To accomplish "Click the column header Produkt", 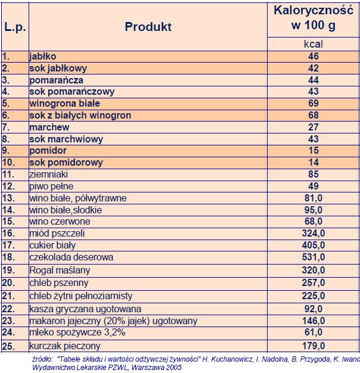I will click(x=148, y=27).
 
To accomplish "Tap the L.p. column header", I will click(x=14, y=27).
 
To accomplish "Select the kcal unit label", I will click(x=313, y=45).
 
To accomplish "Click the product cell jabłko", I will click(x=42, y=57).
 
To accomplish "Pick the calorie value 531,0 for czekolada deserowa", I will click(x=313, y=257).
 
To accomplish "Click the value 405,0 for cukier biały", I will click(x=313, y=245).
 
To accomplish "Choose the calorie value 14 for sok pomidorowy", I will click(x=313, y=163).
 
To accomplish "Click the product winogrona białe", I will click(x=62, y=104).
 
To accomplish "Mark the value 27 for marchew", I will click(x=313, y=128).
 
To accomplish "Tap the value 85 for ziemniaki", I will click(x=313, y=175).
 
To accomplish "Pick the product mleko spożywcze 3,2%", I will click(x=70, y=334).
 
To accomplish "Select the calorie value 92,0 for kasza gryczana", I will click(x=313, y=309).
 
